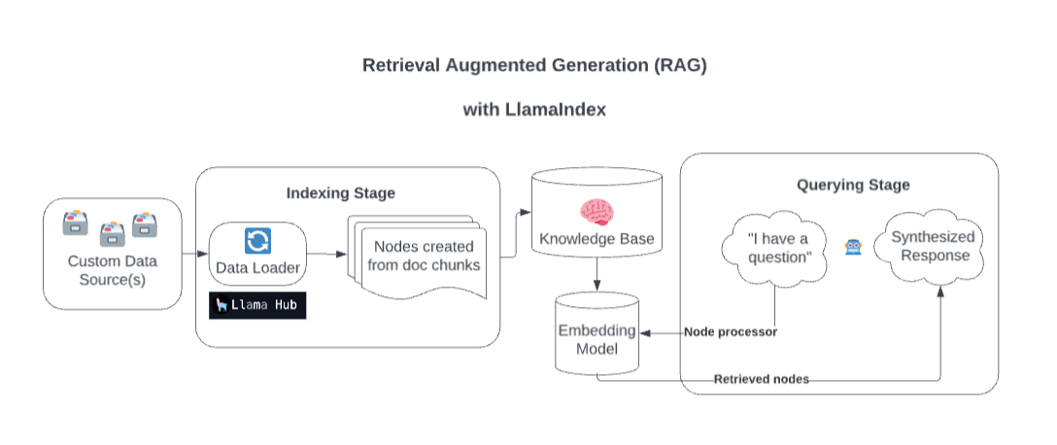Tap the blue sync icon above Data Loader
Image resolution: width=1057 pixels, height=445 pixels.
click(x=257, y=240)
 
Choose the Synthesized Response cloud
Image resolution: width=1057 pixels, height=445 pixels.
click(x=930, y=247)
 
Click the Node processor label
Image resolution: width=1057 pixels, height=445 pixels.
click(x=731, y=332)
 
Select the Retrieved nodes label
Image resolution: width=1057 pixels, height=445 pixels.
click(x=761, y=379)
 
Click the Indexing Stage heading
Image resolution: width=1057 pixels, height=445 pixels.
click(x=340, y=193)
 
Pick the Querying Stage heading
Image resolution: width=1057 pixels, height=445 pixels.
click(x=853, y=185)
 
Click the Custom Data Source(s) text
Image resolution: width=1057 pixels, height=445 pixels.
click(x=112, y=270)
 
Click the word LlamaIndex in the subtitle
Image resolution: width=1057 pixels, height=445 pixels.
click(x=555, y=110)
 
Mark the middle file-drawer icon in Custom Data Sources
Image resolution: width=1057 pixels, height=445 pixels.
click(x=113, y=233)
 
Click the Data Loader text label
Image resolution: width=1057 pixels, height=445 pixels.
click(x=257, y=267)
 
